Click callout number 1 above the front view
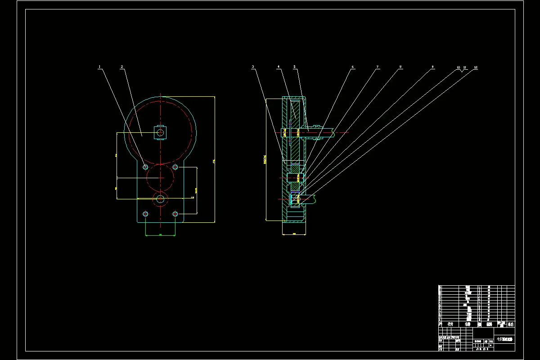(x=99, y=67)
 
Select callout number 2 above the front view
(x=122, y=67)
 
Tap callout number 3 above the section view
(x=253, y=67)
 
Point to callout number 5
(x=295, y=67)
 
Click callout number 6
(x=353, y=67)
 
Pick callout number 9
(x=432, y=67)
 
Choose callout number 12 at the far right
(x=476, y=67)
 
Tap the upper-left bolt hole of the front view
(x=145, y=167)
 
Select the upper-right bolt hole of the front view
(x=175, y=167)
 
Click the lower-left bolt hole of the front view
(x=145, y=213)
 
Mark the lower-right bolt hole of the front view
(x=175, y=213)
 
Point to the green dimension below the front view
(x=160, y=235)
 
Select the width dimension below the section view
(x=294, y=234)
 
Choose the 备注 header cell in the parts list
(x=510, y=324)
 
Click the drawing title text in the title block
(x=504, y=339)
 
